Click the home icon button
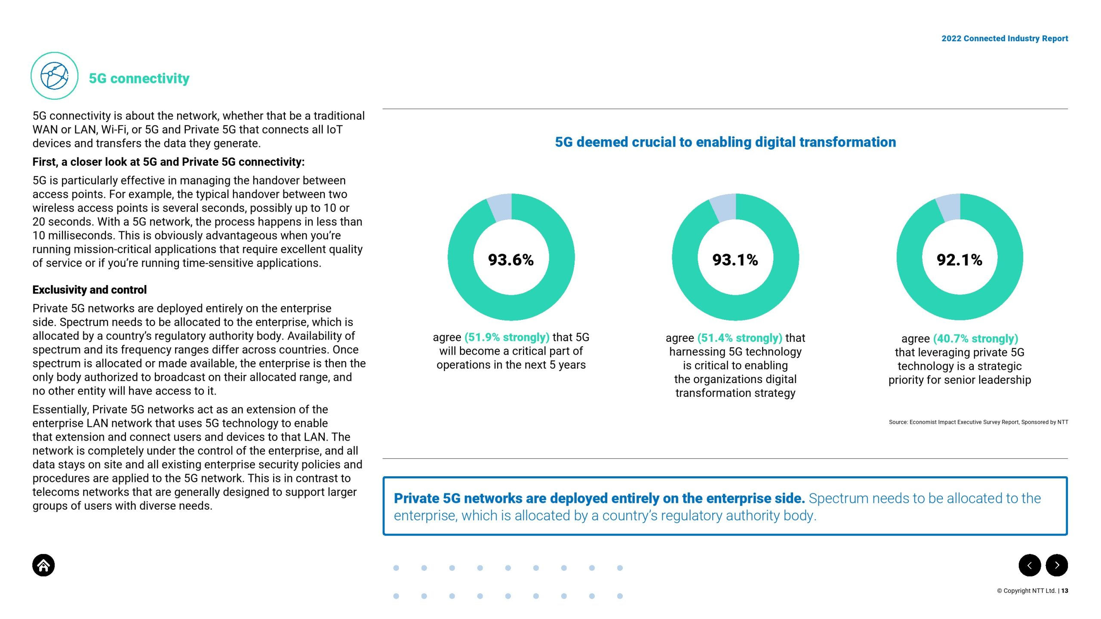43,565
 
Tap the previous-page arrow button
1030,565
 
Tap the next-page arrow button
1057,565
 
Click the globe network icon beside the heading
55,76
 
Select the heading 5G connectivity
139,78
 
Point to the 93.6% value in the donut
511,260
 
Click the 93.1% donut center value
735,260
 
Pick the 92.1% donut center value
960,260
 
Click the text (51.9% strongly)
507,337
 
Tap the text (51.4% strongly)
740,338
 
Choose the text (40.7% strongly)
976,339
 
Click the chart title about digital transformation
726,142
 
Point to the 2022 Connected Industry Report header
1005,38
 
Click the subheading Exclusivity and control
89,290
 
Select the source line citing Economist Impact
978,422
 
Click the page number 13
1065,591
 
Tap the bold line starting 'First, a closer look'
169,162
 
